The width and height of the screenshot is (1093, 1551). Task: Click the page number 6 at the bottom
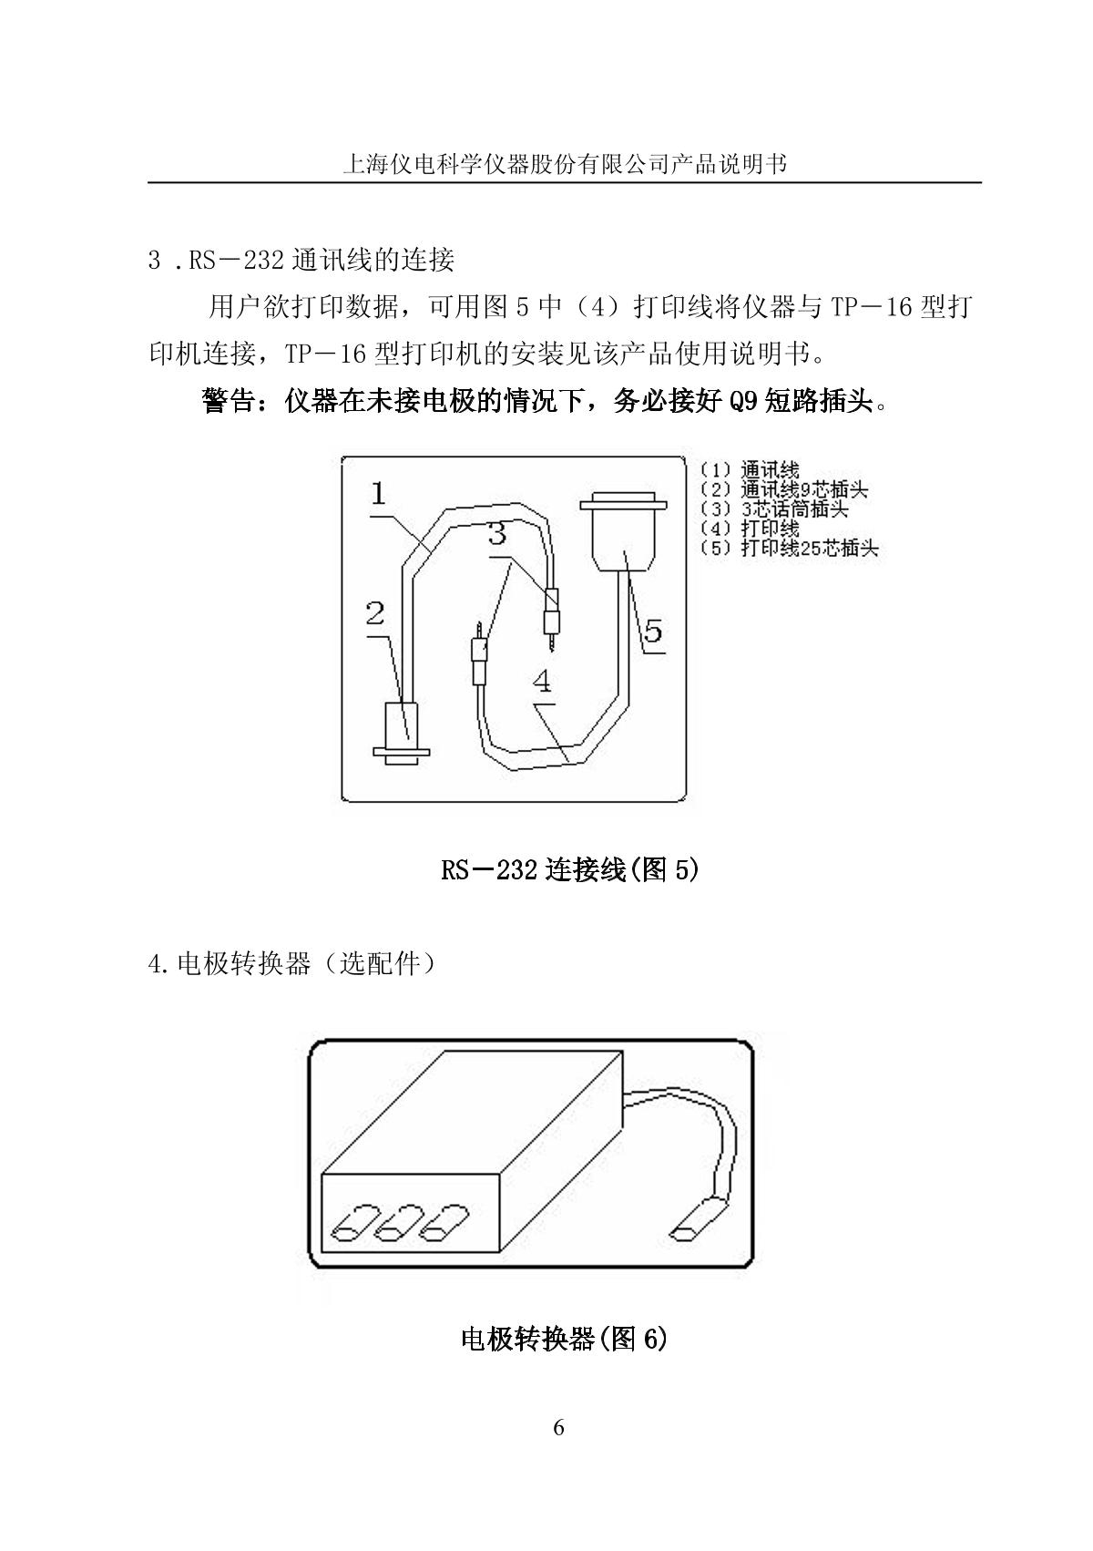coord(558,1428)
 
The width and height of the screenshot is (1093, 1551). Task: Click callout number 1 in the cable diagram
coord(379,495)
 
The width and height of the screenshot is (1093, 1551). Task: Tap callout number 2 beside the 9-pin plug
coord(375,614)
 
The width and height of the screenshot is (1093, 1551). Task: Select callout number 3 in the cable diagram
coord(497,534)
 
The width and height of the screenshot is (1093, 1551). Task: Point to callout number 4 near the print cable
coord(543,681)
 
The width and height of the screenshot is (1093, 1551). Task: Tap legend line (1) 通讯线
coord(750,470)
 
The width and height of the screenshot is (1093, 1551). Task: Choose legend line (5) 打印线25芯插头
coord(789,549)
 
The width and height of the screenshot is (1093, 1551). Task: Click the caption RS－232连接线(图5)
coord(569,870)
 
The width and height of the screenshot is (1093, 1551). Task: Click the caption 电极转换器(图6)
coord(564,1339)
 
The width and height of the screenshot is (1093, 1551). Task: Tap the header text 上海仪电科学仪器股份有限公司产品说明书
coord(564,164)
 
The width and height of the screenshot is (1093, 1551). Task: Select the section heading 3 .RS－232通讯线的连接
coord(301,261)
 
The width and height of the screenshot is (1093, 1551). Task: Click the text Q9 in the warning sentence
coord(743,402)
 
